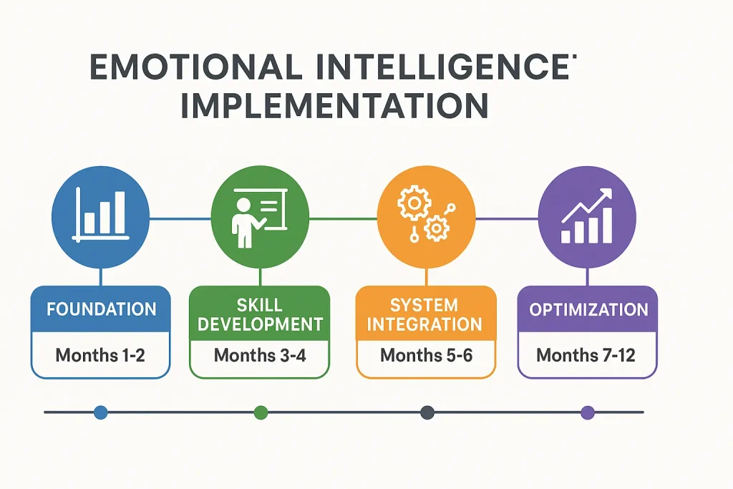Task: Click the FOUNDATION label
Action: click(101, 310)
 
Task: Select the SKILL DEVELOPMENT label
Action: click(260, 315)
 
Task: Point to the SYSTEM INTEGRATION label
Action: click(426, 315)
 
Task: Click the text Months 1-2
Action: click(101, 354)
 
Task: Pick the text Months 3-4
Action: click(260, 354)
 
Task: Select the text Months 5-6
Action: click(426, 354)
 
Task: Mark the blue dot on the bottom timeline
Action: click(100, 412)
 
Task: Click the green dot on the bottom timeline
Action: click(261, 412)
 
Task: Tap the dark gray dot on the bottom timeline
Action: click(427, 412)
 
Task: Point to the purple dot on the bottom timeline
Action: click(588, 412)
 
